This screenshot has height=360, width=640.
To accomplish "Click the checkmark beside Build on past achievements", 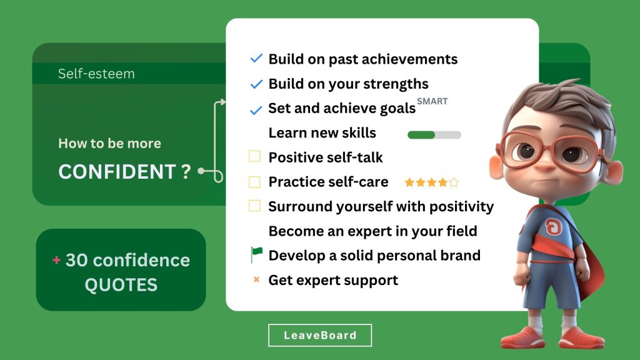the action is (x=256, y=58).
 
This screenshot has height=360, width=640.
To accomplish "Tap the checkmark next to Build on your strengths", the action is (x=256, y=84).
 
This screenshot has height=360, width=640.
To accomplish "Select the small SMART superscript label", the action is (x=432, y=101).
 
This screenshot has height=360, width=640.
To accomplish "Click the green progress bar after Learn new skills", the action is (x=434, y=135).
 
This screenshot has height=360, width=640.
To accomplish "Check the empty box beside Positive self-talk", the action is (x=255, y=156).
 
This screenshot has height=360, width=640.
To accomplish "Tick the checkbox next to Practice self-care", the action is (x=255, y=182).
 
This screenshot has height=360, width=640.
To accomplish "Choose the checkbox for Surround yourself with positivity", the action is (x=255, y=206).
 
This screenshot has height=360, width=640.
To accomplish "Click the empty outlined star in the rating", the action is (x=454, y=182).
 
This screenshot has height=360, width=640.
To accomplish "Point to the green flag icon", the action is (x=256, y=255).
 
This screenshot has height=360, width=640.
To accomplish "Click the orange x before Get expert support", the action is (x=256, y=279).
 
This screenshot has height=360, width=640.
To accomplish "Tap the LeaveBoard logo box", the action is (x=320, y=335).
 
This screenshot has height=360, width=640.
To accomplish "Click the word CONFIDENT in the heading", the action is (x=117, y=171).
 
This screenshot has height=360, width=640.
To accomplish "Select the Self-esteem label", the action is (x=96, y=74).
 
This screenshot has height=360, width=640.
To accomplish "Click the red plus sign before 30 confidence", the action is (x=56, y=259).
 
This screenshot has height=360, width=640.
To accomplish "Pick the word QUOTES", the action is (x=121, y=285).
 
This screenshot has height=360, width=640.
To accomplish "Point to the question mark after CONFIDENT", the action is (x=186, y=171).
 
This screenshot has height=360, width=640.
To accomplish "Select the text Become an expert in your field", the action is (x=372, y=231).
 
